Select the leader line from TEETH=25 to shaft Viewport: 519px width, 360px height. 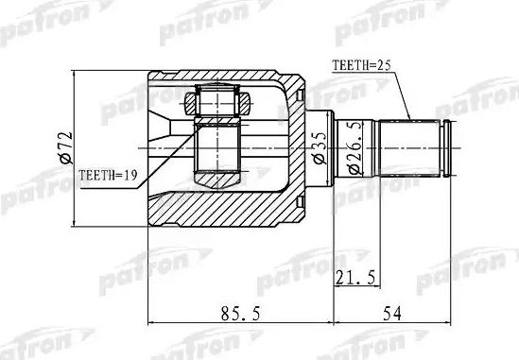[x=404, y=94]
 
